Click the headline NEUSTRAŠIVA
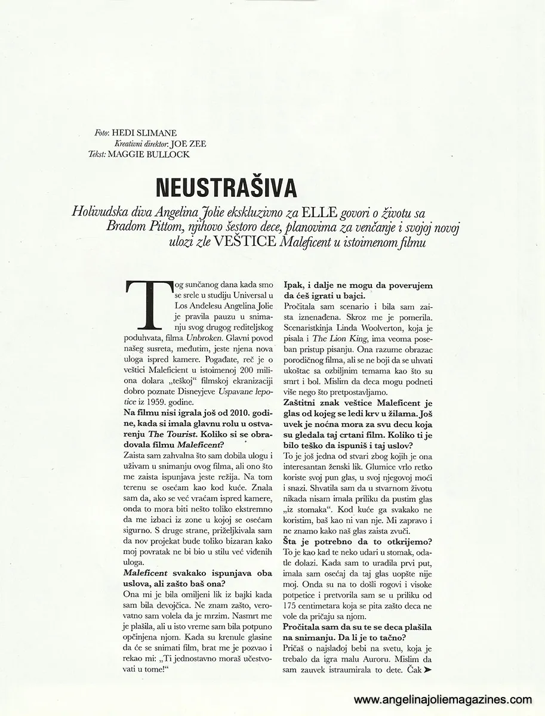click(226, 187)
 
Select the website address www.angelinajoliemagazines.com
click(444, 699)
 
